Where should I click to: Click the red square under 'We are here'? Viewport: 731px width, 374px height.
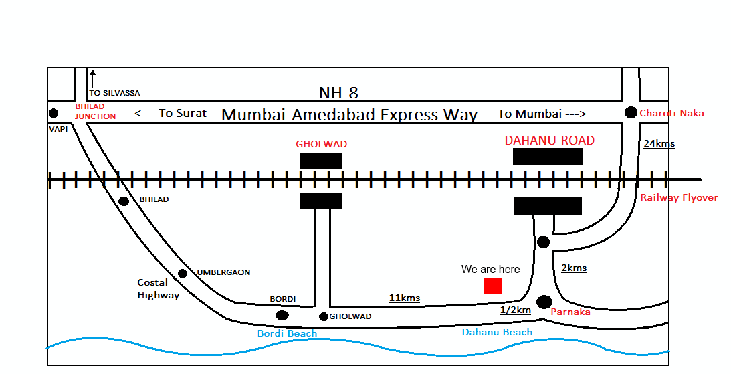pos(493,286)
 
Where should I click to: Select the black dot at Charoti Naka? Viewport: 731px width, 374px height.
pos(631,112)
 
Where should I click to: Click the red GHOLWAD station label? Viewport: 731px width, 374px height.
pos(322,144)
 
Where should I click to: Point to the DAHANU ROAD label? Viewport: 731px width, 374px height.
pos(549,141)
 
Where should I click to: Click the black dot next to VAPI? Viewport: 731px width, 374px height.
pos(54,113)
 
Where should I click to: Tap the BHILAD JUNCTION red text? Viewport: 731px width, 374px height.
pos(95,112)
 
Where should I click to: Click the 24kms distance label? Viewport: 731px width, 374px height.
pos(659,143)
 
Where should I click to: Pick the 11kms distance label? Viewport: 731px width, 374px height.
pos(405,298)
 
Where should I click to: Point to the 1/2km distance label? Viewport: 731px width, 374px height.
pos(515,310)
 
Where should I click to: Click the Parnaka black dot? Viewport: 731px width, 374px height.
pos(544,302)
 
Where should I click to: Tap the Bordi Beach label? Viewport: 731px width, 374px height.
pos(288,333)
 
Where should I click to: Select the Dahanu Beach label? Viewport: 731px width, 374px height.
pos(498,332)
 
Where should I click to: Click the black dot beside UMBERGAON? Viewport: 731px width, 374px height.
pos(183,274)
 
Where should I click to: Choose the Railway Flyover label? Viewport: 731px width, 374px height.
pos(678,197)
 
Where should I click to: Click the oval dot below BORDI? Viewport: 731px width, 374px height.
pos(282,315)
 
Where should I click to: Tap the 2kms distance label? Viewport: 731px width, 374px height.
pos(574,268)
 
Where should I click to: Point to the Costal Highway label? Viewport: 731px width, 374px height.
pos(158,288)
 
